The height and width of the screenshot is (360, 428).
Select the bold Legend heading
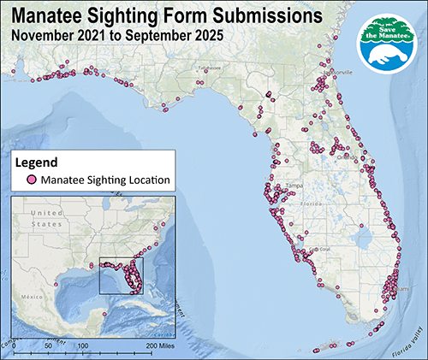36,162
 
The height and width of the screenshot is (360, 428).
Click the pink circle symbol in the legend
30,180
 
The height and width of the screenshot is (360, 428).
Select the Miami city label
398,287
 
